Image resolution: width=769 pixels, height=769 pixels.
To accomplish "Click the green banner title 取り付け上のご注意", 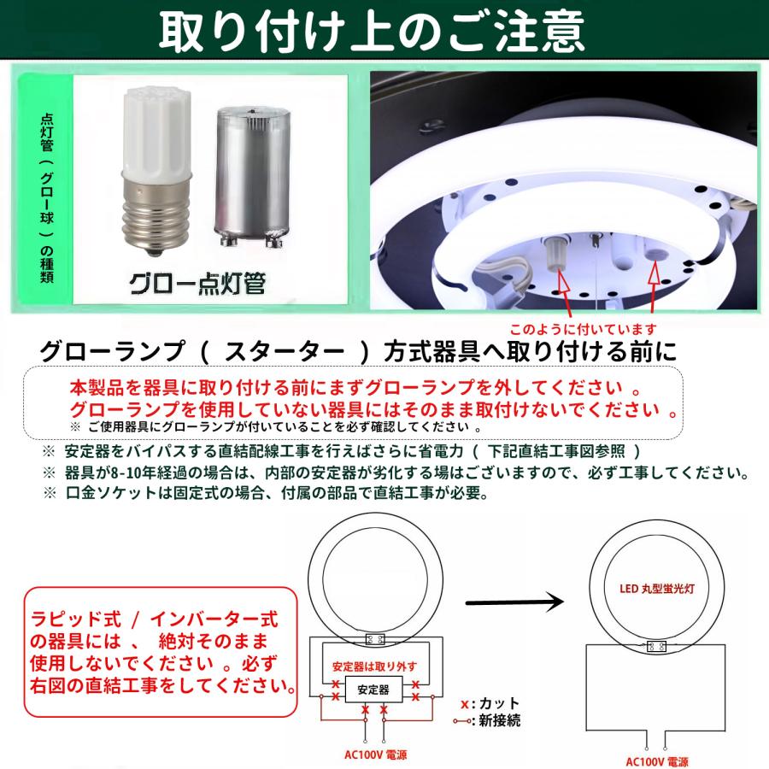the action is [x=372, y=32].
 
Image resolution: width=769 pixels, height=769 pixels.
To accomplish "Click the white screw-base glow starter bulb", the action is [x=154, y=171].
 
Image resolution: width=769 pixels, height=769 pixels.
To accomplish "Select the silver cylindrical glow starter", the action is [x=252, y=177].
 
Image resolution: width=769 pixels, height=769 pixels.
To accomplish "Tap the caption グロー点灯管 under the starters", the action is [x=197, y=283].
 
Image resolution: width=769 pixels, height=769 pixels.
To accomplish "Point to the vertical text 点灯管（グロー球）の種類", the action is [x=47, y=198].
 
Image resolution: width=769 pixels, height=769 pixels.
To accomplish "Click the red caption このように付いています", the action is [x=583, y=329].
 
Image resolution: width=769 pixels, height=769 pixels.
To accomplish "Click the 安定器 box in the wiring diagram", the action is [x=373, y=690].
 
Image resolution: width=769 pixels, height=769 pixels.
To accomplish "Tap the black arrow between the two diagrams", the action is [x=514, y=602].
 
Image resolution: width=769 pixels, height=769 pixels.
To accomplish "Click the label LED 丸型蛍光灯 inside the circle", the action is [x=657, y=589].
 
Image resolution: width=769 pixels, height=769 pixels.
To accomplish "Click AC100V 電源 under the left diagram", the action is [x=375, y=754].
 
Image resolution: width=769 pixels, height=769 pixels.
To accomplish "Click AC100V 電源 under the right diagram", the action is [x=657, y=761].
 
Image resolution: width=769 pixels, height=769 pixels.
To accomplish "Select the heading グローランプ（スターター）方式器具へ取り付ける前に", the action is [x=358, y=351].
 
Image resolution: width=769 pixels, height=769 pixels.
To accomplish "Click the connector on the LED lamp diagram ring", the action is [x=656, y=646].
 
